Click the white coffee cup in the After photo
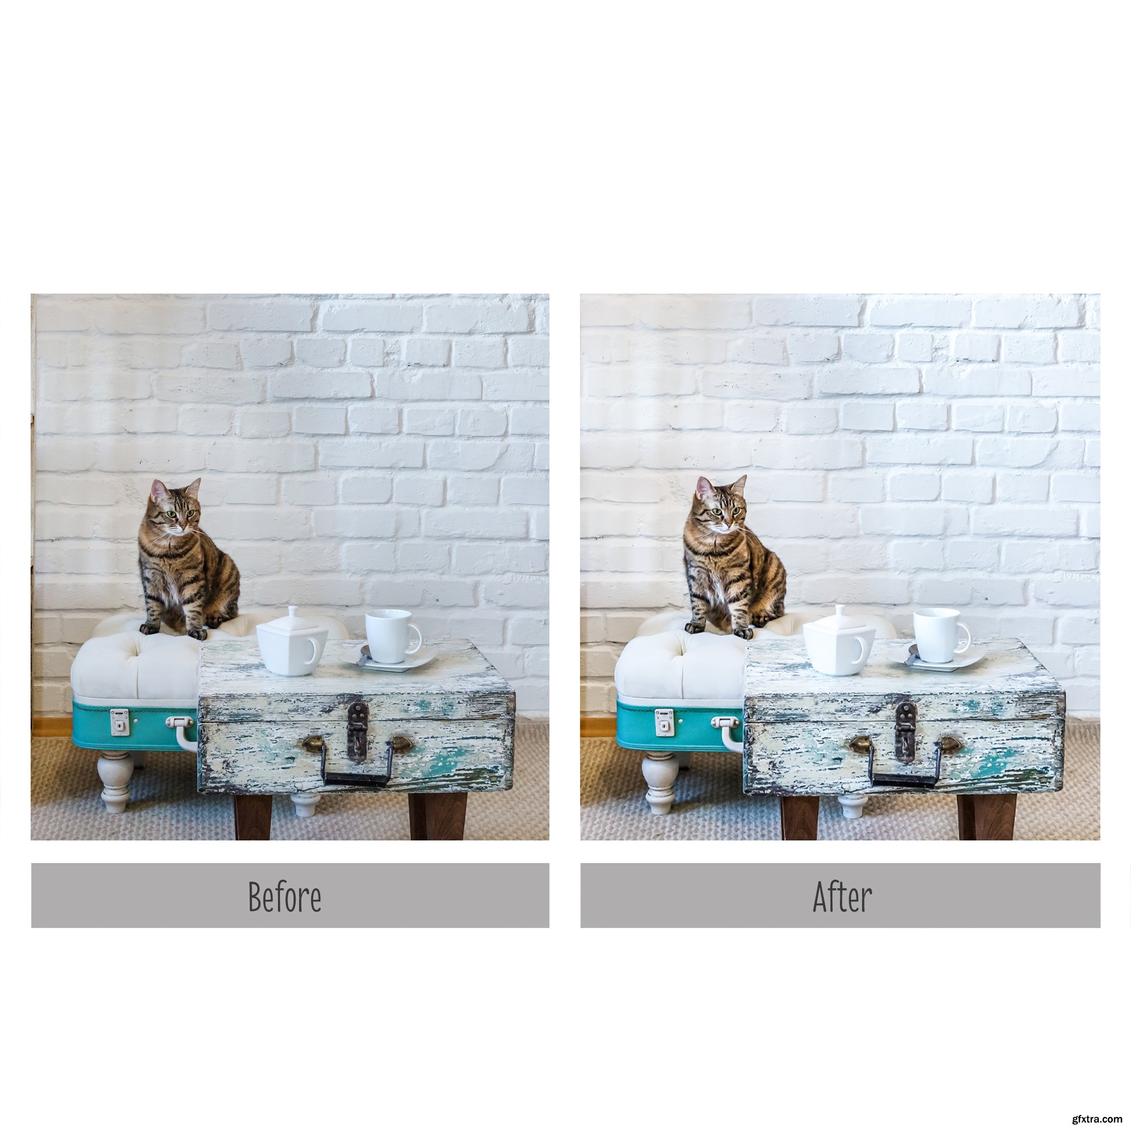pyautogui.click(x=939, y=635)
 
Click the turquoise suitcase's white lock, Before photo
pyautogui.click(x=120, y=721)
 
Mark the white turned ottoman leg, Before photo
pyautogui.click(x=115, y=782)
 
